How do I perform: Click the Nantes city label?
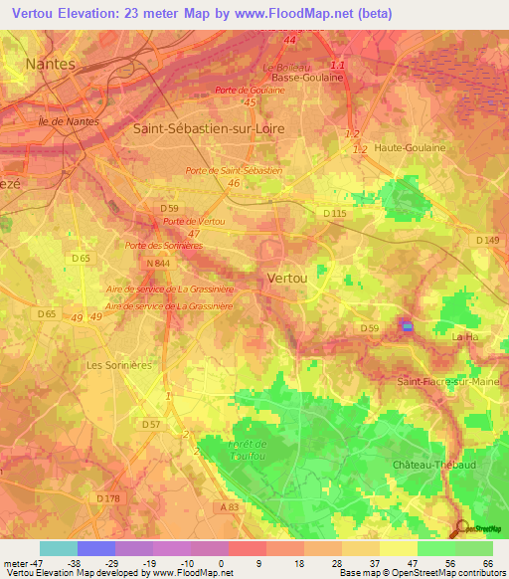click(x=50, y=64)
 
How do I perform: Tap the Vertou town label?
click(x=287, y=280)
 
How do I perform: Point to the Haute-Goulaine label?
click(x=410, y=147)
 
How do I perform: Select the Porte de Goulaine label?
click(x=251, y=91)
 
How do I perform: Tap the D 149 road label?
click(x=486, y=240)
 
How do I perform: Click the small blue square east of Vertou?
click(x=406, y=324)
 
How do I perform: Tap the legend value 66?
click(x=488, y=563)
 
